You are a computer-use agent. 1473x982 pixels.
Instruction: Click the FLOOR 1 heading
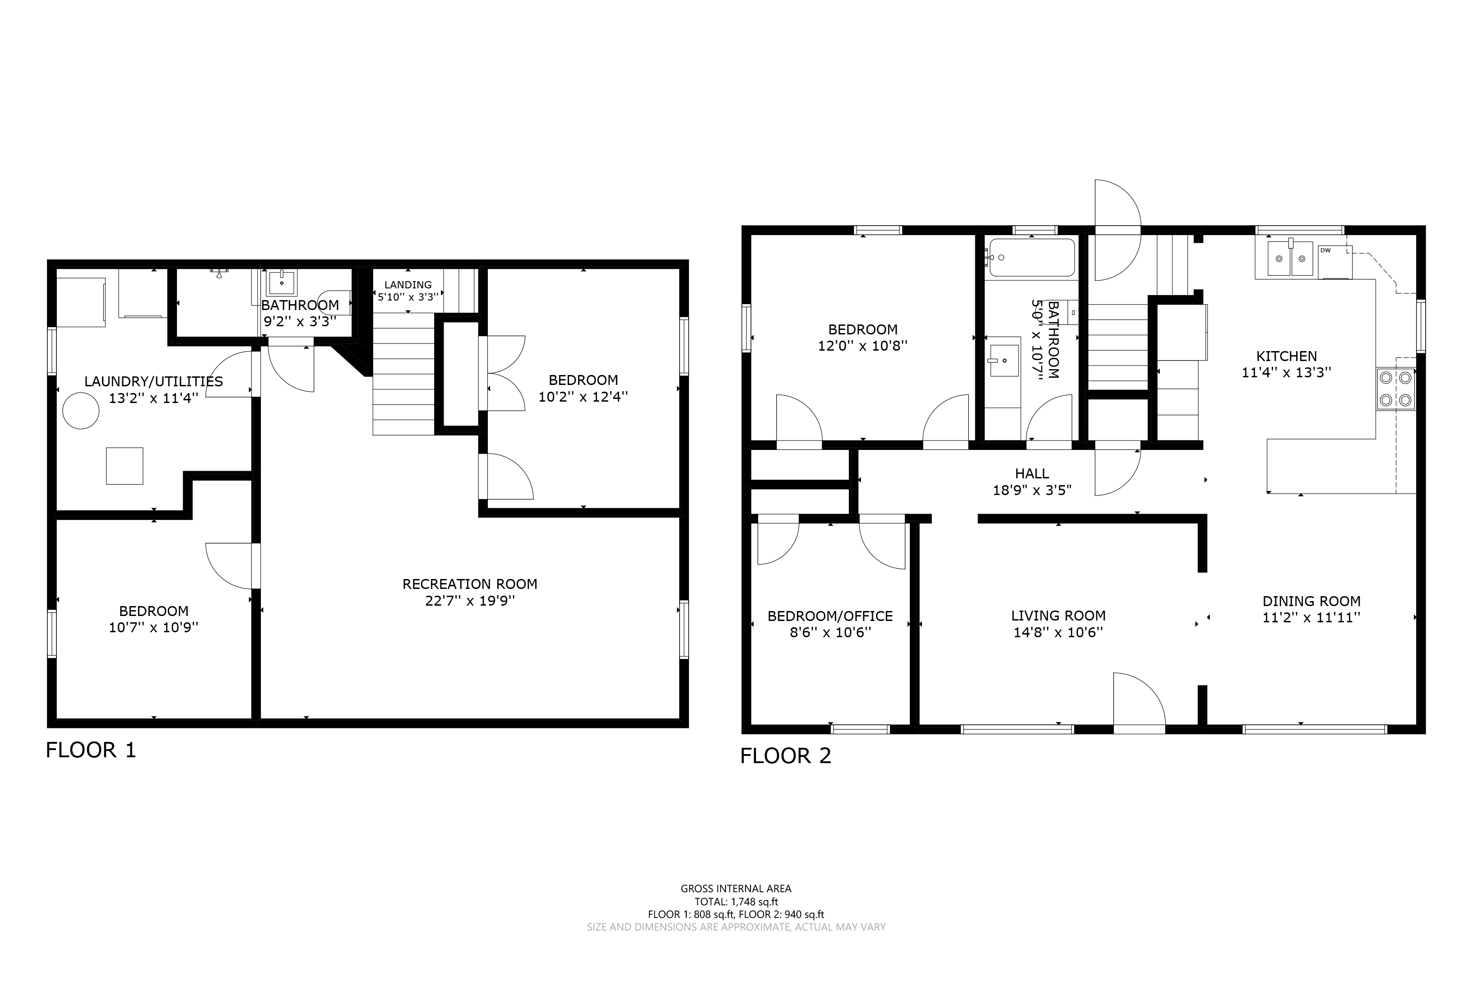click(x=91, y=750)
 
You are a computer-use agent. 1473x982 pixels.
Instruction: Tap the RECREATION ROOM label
click(x=470, y=584)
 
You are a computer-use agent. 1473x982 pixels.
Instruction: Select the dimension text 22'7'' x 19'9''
click(x=470, y=601)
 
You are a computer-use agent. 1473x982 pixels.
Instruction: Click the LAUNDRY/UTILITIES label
click(x=153, y=381)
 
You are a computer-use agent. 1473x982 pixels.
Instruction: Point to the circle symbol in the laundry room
click(x=81, y=411)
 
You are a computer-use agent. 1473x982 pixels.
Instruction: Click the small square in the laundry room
click(x=125, y=466)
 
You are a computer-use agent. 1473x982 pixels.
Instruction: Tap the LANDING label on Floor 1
click(x=408, y=285)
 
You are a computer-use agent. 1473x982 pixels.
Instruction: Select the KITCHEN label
click(x=1286, y=357)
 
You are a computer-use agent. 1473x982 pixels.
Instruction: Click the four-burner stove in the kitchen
click(x=1396, y=389)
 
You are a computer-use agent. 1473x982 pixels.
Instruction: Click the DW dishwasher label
click(x=1325, y=250)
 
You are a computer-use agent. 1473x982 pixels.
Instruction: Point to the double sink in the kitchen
click(x=1290, y=258)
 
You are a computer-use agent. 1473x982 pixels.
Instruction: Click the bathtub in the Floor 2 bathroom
click(x=1032, y=257)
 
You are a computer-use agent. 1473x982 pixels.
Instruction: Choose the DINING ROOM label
click(x=1311, y=601)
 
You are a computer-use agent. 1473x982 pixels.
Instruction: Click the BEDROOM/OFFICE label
click(x=830, y=616)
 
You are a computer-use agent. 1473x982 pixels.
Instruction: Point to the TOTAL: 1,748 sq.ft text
click(x=736, y=902)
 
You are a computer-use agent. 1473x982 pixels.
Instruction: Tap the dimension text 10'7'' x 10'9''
click(x=153, y=628)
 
